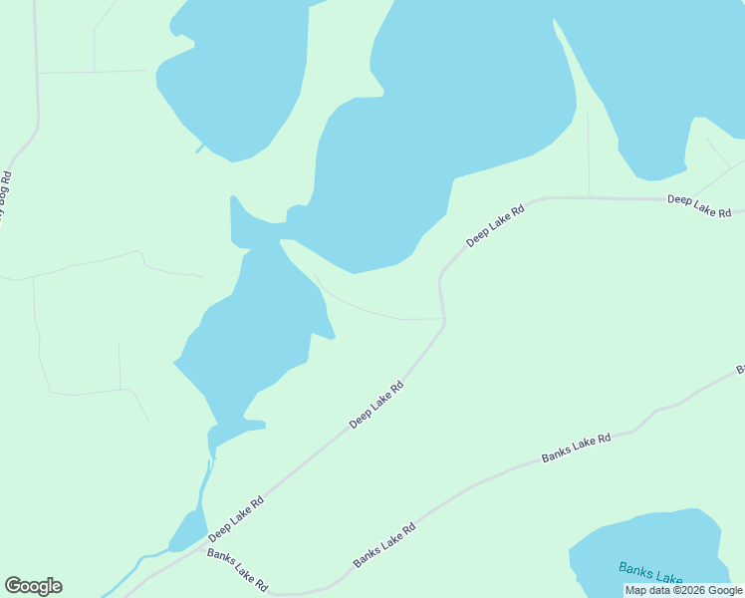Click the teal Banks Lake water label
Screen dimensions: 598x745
[650, 573]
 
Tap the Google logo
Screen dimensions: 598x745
[33, 586]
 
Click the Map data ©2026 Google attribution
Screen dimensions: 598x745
[683, 590]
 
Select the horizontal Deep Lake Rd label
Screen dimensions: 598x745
[699, 206]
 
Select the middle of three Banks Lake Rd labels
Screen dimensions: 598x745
[383, 547]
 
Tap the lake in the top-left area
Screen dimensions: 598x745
[239, 70]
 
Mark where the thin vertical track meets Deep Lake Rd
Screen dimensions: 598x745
[589, 197]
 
